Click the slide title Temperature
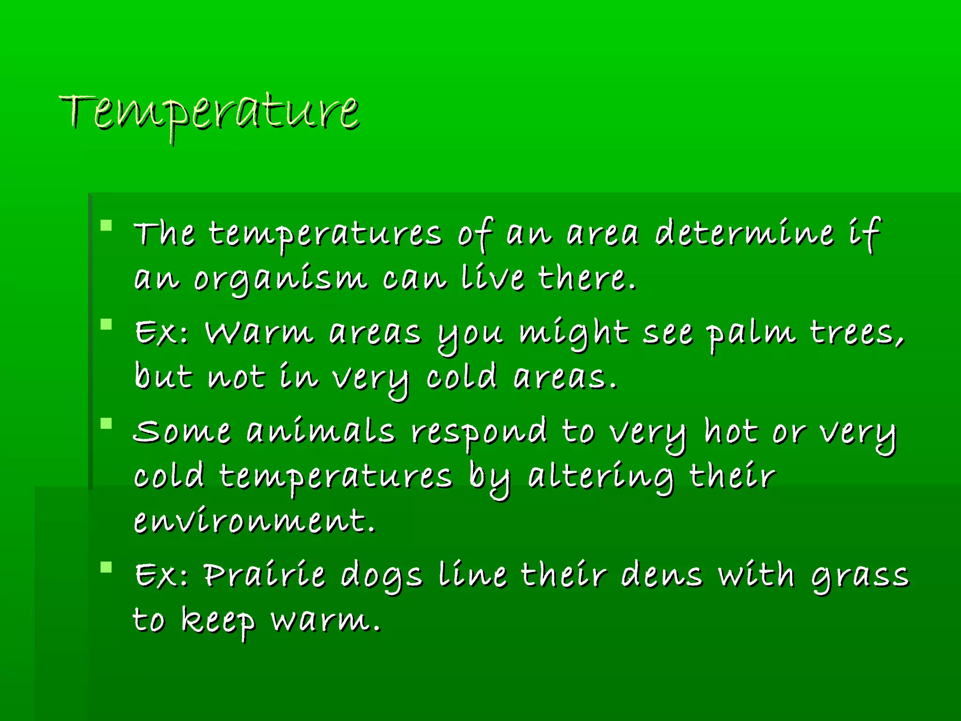click(x=210, y=113)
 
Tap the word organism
click(x=280, y=280)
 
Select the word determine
click(x=744, y=233)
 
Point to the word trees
click(x=856, y=333)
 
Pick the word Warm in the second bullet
click(x=259, y=333)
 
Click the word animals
click(x=320, y=431)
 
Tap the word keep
click(x=218, y=621)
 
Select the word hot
click(x=731, y=431)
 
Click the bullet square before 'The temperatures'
click(x=107, y=225)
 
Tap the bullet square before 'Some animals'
click(x=107, y=424)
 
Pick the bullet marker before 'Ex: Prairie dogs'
click(x=107, y=568)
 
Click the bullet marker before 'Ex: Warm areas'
click(x=107, y=325)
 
